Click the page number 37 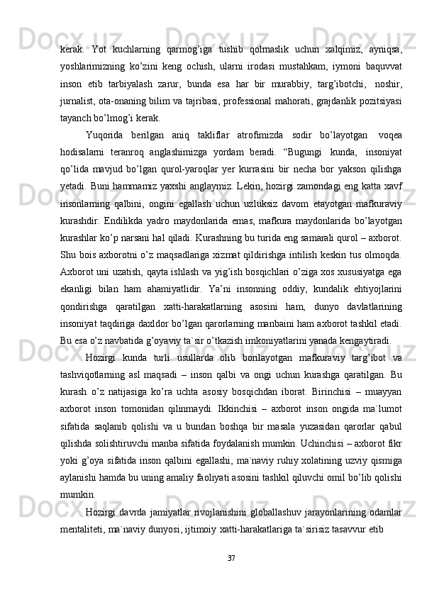click(211, 558)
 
